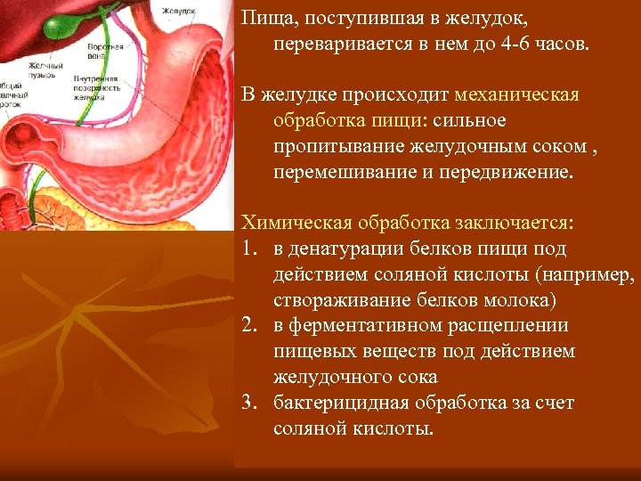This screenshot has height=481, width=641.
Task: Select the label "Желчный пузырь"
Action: pyautogui.click(x=45, y=70)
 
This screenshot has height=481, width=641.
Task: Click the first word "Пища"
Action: pyautogui.click(x=264, y=19)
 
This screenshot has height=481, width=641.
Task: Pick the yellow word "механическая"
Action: pyautogui.click(x=516, y=94)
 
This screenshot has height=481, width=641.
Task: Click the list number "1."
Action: pyautogui.click(x=248, y=249)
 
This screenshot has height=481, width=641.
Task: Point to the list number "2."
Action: pyautogui.click(x=248, y=326)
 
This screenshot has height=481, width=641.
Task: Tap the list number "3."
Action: pyautogui.click(x=248, y=404)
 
